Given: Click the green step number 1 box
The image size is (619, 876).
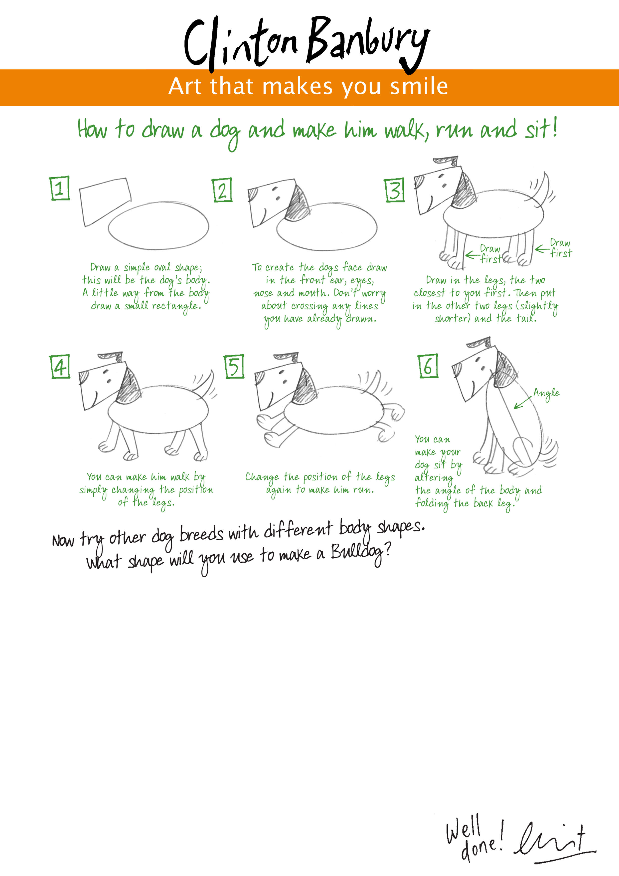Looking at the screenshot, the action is pos(60,188).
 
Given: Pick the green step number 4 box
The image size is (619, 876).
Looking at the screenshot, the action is pos(60,366).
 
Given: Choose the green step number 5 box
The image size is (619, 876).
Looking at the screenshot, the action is pos(234,366).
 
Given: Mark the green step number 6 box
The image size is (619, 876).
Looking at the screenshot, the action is pos(428,366).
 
